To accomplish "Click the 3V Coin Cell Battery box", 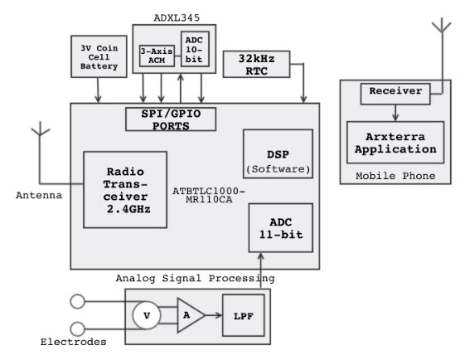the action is point(99,56).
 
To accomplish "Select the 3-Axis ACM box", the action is point(157,56).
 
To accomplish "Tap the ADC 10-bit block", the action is point(195,49).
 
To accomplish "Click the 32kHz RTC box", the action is point(256,64).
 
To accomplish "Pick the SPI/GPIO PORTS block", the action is point(171,119).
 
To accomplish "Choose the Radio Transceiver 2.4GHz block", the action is point(125,190).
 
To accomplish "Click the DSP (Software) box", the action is point(278,153).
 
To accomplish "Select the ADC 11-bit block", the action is point(280,228).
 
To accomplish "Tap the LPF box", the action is point(243,315).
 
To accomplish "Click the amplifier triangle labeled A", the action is point(189,315).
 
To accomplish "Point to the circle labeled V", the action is point(147,315).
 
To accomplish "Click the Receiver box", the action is point(395,94).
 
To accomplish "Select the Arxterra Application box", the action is point(395,143).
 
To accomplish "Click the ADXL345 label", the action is point(177,17).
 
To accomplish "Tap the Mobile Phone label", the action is point(395,176).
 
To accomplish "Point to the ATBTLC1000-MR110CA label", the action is point(209,195).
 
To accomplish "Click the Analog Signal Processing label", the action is point(195,279).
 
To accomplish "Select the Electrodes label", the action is point(73,342).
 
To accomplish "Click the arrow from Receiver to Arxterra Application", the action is point(395,113).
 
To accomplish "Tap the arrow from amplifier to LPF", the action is point(214,315).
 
